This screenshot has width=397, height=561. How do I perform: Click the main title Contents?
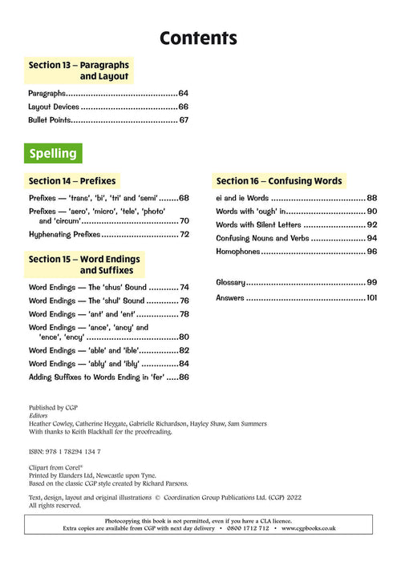coord(198,38)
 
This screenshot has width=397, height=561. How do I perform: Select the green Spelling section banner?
coord(54,153)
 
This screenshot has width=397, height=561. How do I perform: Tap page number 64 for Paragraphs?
coord(183,93)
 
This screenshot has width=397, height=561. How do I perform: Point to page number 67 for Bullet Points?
coord(183,120)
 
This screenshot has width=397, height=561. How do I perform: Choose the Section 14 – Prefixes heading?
coord(72,181)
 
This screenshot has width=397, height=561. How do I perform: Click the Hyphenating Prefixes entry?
coord(64,235)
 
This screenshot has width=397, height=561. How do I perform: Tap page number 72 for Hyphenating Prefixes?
coord(183,235)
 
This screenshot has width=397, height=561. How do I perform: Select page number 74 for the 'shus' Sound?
coord(183,287)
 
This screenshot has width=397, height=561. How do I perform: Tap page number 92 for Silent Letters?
coord(371,225)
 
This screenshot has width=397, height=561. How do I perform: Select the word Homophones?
coord(238,252)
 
